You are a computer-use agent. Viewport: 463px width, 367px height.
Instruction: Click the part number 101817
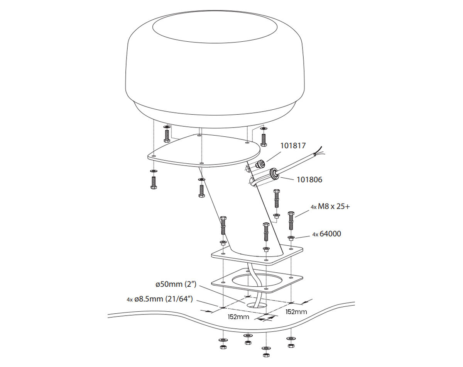pyautogui.click(x=293, y=146)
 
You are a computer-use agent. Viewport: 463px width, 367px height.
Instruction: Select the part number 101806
pyautogui.click(x=309, y=180)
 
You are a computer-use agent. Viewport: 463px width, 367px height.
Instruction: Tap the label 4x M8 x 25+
pyautogui.click(x=330, y=207)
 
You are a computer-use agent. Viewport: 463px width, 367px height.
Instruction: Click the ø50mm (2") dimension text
pyautogui.click(x=176, y=285)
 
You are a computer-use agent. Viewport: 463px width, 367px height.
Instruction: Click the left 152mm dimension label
pyautogui.click(x=238, y=317)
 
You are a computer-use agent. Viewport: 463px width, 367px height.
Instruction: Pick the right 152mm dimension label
pyautogui.click(x=296, y=311)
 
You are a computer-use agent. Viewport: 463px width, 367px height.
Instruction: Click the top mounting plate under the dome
pyautogui.click(x=204, y=151)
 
